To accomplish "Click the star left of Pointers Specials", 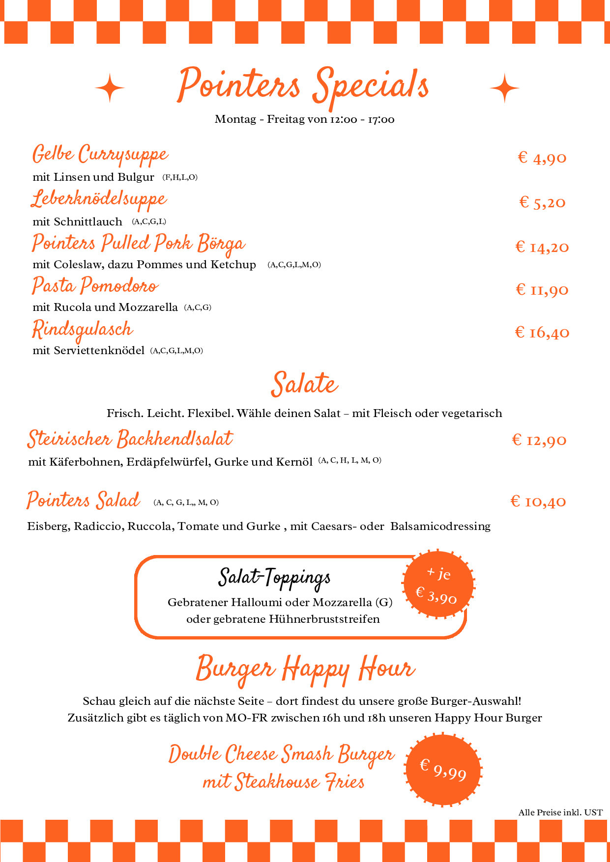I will (x=110, y=88).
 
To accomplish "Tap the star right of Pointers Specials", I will (x=504, y=88).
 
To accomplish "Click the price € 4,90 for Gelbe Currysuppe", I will (x=542, y=158).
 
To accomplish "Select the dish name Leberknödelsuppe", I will (x=99, y=199).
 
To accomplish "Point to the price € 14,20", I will (x=542, y=247).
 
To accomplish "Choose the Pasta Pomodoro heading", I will (x=95, y=286).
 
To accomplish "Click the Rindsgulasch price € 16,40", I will (x=542, y=333).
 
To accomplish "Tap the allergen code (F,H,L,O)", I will (x=180, y=177).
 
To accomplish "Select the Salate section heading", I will (x=305, y=384).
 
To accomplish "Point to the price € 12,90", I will (x=539, y=440).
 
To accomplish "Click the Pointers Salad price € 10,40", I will (x=538, y=501).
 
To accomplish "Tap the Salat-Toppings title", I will (x=274, y=578).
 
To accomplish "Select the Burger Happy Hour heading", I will (x=305, y=669).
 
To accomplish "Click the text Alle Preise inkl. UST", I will (x=560, y=812).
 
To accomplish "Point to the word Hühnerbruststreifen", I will (x=324, y=619).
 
